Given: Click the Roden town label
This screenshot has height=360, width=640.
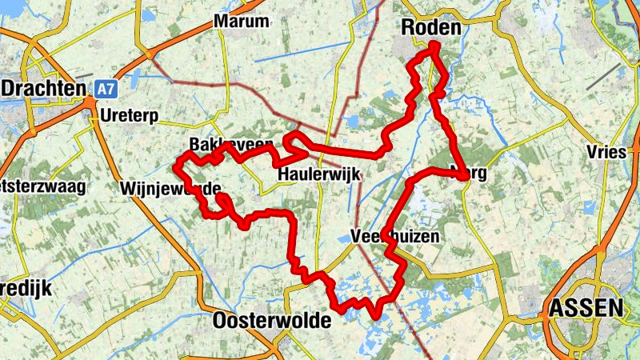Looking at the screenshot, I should pyautogui.click(x=430, y=29).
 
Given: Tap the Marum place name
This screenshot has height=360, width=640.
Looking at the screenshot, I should pyautogui.click(x=242, y=22).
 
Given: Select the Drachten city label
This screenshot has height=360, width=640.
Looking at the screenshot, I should pyautogui.click(x=44, y=87).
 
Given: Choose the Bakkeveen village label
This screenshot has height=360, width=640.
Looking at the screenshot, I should pyautogui.click(x=232, y=145).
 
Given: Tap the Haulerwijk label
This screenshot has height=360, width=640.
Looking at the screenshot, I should pyautogui.click(x=319, y=175).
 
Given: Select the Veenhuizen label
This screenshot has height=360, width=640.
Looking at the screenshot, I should pyautogui.click(x=395, y=237).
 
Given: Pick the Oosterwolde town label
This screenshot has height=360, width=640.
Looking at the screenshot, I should pyautogui.click(x=272, y=322).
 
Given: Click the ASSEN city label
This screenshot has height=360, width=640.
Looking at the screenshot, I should pyautogui.click(x=586, y=307).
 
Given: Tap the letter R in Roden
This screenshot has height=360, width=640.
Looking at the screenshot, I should pyautogui.click(x=406, y=29).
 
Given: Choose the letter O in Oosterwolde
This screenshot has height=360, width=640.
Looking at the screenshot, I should pyautogui.click(x=222, y=322).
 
